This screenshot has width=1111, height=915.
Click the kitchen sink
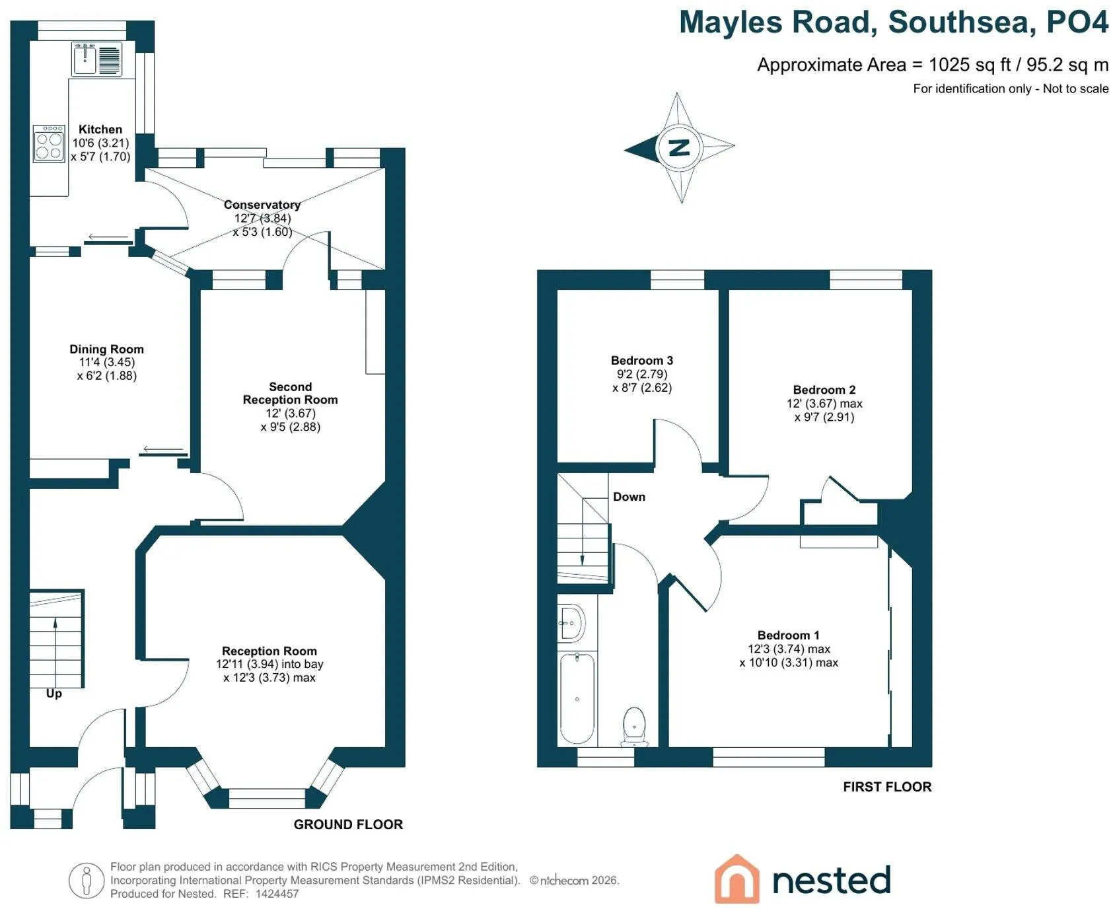point(96,59)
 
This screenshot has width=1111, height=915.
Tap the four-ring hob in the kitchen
point(49,143)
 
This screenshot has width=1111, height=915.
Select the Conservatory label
point(262,205)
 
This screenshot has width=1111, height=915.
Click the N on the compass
point(679,147)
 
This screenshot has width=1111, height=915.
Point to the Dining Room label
point(106,349)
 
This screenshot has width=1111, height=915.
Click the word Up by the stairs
point(54,693)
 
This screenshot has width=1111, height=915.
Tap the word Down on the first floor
point(629,497)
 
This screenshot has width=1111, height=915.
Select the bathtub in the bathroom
point(577,698)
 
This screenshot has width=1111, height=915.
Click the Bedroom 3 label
point(642,360)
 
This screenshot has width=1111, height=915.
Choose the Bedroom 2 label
point(824,390)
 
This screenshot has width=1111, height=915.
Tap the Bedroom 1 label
point(789,635)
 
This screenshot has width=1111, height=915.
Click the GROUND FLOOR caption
point(348,824)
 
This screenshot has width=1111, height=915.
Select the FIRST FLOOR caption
point(887,787)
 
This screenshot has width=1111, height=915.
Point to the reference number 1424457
point(277,894)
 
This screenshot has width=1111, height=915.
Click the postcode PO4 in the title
point(1077,22)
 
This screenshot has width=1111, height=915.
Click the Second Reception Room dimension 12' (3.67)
point(291,413)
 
